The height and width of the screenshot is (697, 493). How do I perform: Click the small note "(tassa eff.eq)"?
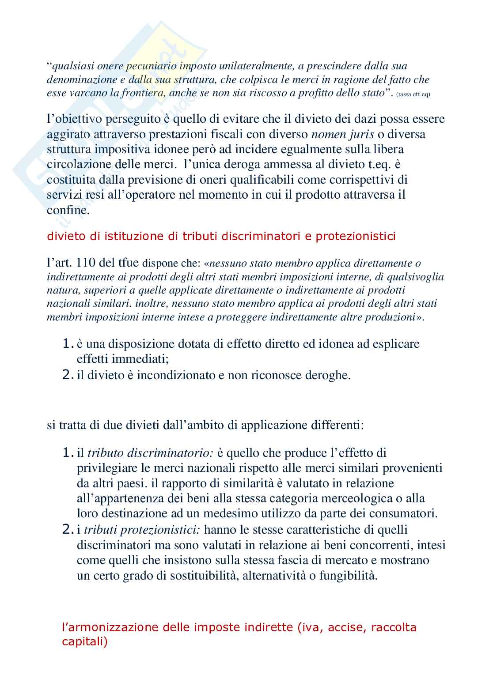coord(413,94)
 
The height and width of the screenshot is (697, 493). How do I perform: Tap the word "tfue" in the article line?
coord(129,264)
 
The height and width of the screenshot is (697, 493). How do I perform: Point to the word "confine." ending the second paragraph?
coord(68,210)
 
